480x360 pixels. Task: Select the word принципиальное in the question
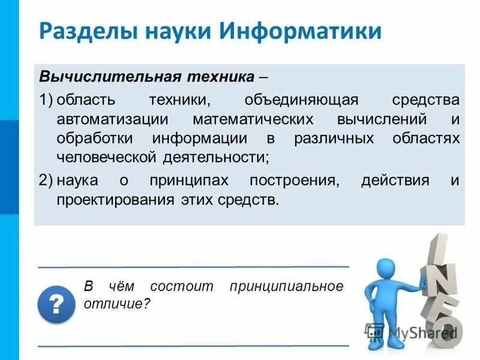tap(286, 286)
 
